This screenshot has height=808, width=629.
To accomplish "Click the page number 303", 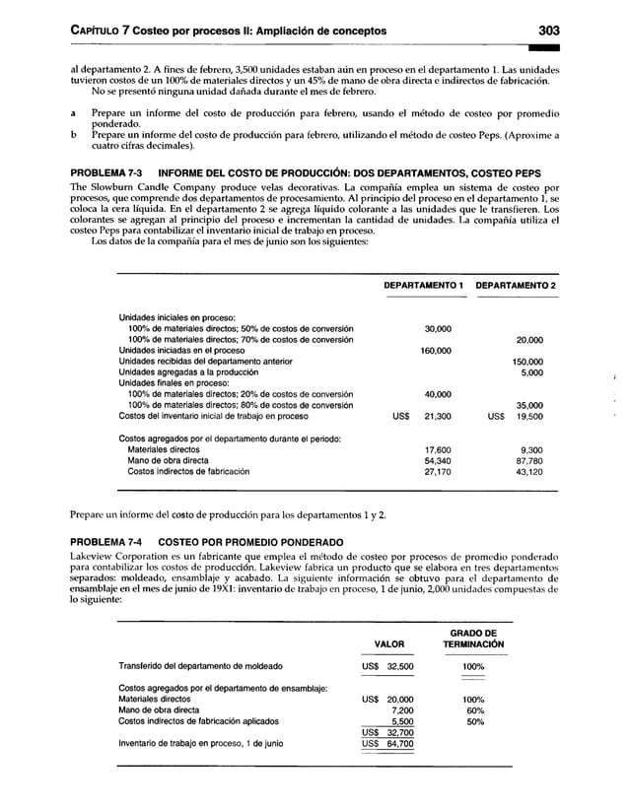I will pos(544,31).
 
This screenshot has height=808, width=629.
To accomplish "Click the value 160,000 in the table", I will pos(437,351).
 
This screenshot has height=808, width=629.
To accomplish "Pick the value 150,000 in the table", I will pos(528,362).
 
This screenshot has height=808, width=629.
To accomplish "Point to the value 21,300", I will pos(437,417).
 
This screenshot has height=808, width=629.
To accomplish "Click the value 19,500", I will pos(530,417).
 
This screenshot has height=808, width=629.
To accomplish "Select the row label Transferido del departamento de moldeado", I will pos(200,666).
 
